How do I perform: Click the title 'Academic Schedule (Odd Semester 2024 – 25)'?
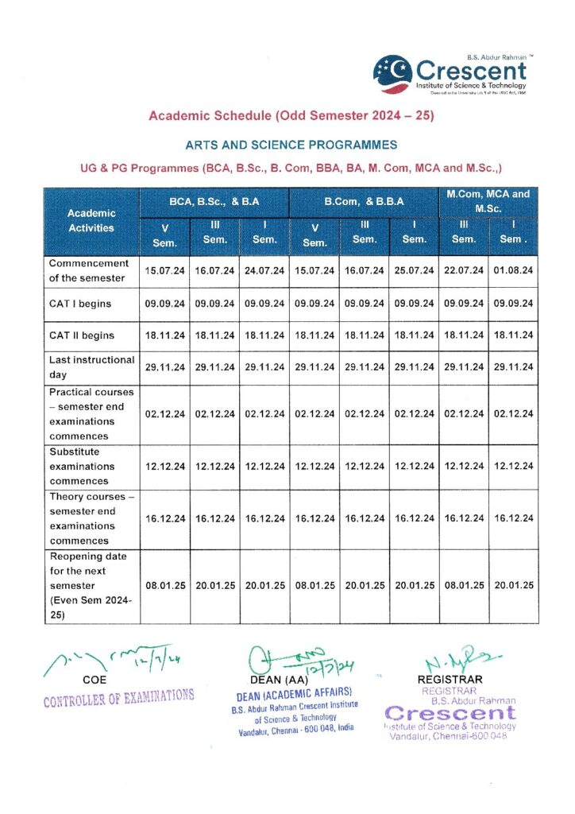(291, 116)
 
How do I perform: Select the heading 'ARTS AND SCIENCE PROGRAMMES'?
(291, 145)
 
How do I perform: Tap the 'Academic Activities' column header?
(91, 220)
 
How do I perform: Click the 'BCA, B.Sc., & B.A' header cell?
(214, 202)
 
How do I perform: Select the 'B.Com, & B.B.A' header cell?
(365, 202)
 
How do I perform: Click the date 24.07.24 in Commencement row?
(264, 270)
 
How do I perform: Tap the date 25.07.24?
(414, 270)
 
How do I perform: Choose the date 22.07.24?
(464, 270)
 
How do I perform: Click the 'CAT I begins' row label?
(80, 304)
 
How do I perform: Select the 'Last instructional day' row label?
(91, 366)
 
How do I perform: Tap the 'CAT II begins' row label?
(82, 335)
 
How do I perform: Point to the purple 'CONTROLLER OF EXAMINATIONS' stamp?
(118, 698)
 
